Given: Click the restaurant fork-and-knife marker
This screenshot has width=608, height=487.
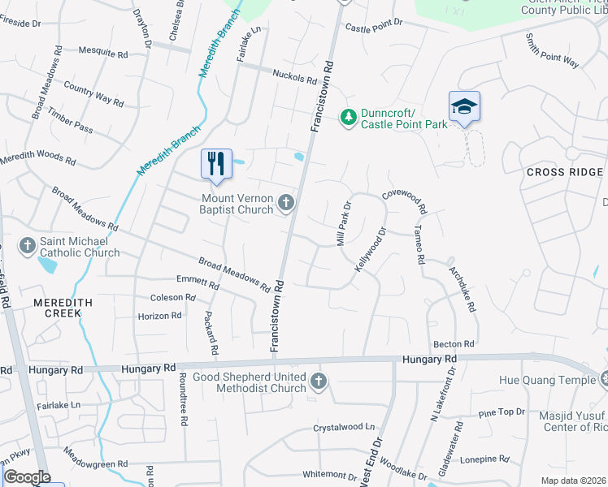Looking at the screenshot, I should click(217, 165).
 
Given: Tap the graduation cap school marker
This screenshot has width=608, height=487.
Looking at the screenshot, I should click(464, 107).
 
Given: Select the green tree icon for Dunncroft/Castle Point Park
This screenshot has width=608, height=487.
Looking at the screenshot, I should click(349, 119).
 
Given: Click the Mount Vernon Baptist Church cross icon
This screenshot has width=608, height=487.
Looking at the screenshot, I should click(285, 203).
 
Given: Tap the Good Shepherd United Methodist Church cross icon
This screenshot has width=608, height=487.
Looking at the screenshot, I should click(319, 381).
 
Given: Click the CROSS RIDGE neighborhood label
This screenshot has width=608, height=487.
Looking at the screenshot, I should click(565, 172).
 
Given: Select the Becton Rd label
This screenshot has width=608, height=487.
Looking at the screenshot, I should click(454, 344).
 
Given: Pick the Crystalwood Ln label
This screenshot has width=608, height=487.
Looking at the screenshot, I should click(345, 427).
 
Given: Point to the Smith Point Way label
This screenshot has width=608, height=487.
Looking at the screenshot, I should click(552, 51).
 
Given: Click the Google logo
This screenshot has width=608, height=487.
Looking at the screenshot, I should click(26, 476).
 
